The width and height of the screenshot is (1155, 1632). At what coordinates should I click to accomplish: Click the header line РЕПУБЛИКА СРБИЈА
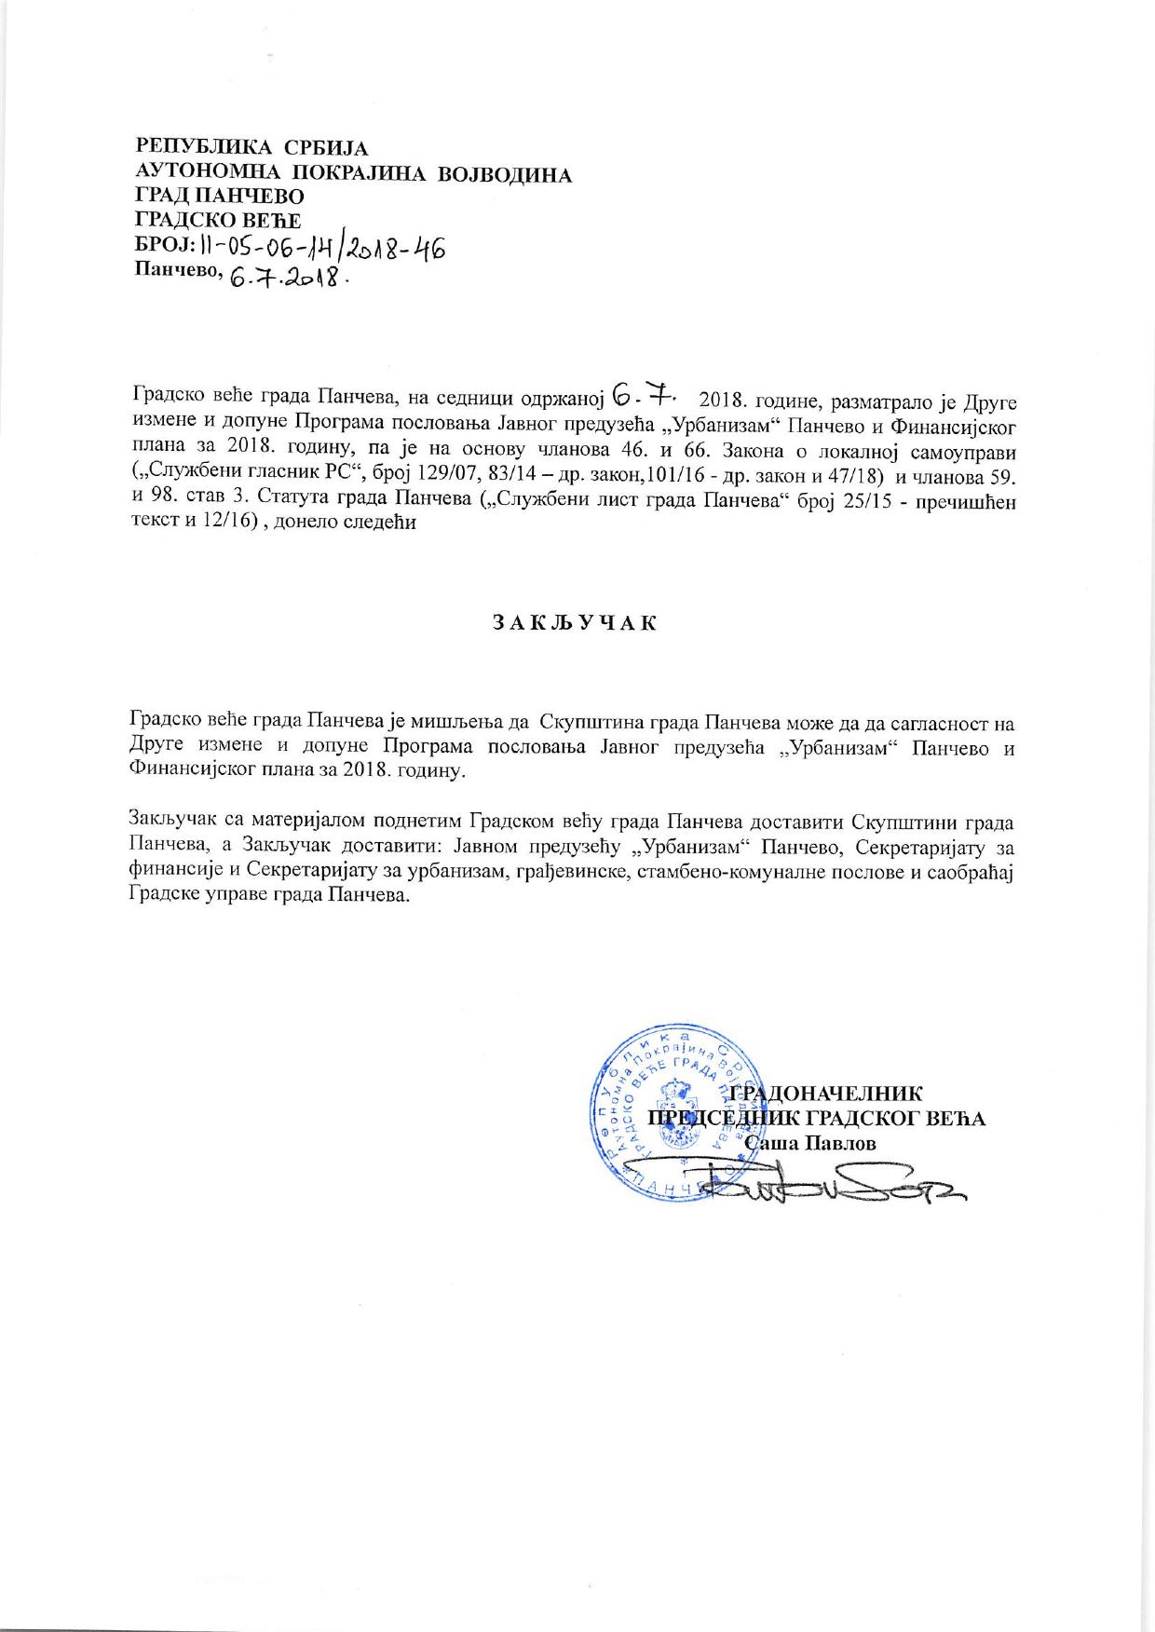click(x=251, y=148)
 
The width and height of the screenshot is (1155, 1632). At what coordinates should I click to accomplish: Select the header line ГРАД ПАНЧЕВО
click(x=219, y=197)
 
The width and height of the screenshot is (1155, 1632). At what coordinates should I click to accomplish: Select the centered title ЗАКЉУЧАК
click(x=574, y=623)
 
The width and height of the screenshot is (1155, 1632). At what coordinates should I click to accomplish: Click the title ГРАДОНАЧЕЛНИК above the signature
click(x=828, y=1094)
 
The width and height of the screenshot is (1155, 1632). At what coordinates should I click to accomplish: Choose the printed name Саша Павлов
click(x=811, y=1143)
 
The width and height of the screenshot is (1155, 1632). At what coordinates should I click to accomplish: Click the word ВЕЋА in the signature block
click(x=959, y=1119)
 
